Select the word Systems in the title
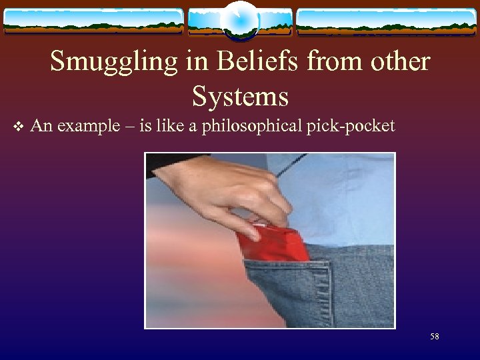click(240, 97)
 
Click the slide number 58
click(435, 337)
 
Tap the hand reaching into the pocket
click(227, 193)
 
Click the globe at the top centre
click(239, 20)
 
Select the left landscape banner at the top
click(93, 21)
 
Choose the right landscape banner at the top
click(387, 21)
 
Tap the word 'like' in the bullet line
click(171, 126)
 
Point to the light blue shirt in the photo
click(347, 200)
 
